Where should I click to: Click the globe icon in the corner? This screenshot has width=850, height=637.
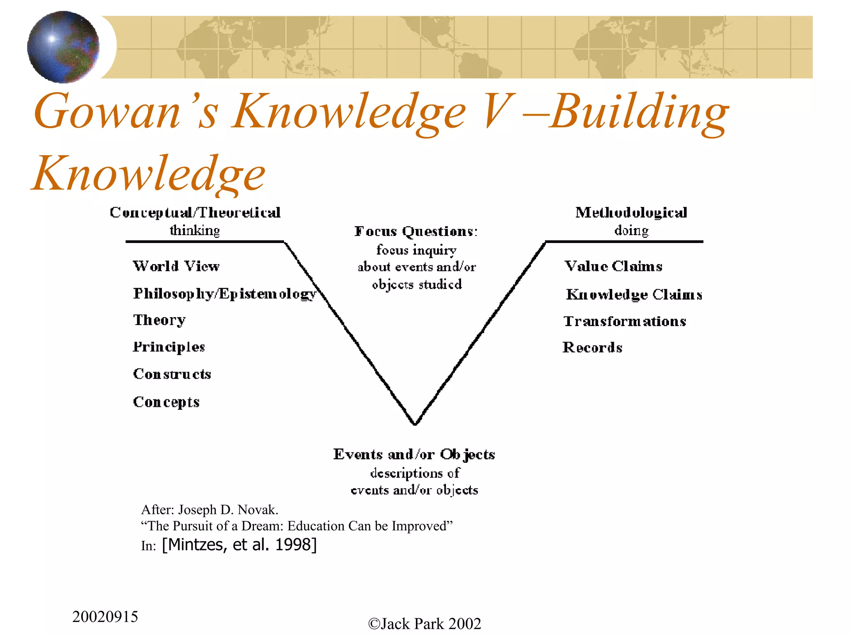coord(63,46)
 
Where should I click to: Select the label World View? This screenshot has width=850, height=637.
coord(176,266)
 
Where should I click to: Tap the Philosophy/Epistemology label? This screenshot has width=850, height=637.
coord(225,294)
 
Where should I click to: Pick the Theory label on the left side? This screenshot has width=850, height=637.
coord(159,320)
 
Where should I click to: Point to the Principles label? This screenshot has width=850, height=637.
coord(169,347)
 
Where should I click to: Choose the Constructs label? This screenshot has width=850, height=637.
coord(172,374)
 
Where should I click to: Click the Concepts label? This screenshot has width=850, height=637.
coord(166,402)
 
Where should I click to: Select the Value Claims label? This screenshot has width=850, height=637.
coord(613,266)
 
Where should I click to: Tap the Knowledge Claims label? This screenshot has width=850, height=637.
coord(634,294)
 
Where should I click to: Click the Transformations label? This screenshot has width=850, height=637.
coord(625,321)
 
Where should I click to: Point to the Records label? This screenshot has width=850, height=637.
coord(592,348)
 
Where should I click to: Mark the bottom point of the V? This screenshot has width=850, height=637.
coord(415,423)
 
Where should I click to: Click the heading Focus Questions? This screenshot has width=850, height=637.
coord(416,231)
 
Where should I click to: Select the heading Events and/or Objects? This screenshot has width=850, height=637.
coord(414,455)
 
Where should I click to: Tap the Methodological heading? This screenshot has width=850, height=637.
coord(631,213)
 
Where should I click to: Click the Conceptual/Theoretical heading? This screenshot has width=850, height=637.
coord(195,213)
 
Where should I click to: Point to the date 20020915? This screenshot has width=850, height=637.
coord(105,617)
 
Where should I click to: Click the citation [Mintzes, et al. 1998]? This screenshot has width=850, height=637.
coord(239,545)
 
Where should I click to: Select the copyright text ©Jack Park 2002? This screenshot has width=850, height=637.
coord(425,624)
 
